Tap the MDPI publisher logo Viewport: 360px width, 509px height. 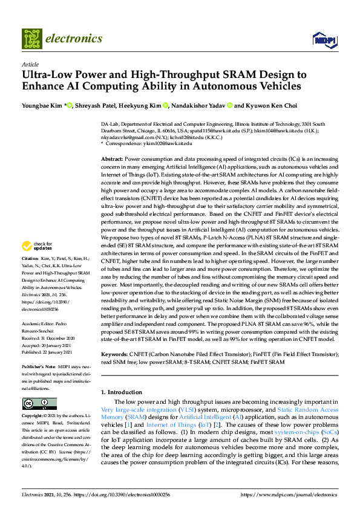[x=324, y=39]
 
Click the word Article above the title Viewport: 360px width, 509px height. [x=30, y=63]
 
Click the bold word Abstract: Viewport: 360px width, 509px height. [x=111, y=157]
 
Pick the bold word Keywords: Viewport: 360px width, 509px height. [x=114, y=353]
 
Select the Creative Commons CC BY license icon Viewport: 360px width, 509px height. [x=39, y=403]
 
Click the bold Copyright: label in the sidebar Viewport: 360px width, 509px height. [x=33, y=417]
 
